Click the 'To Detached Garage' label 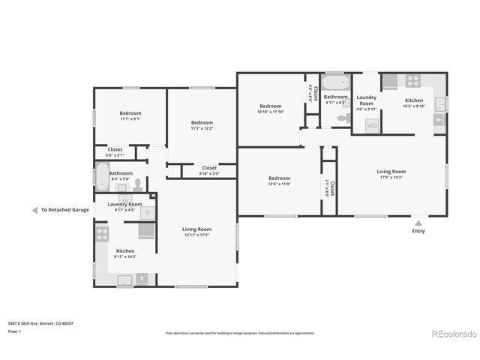pyautogui.click(x=64, y=210)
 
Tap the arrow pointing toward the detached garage pyautogui.click(x=34, y=210)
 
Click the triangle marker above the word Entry pyautogui.click(x=418, y=222)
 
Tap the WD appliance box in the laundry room pyautogui.click(x=372, y=126)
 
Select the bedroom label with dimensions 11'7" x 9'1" pyautogui.click(x=130, y=115)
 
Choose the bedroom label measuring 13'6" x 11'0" pyautogui.click(x=279, y=181)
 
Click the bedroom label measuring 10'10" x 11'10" pyautogui.click(x=270, y=109)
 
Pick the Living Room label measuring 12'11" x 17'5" pyautogui.click(x=197, y=232)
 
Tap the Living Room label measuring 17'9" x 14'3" pyautogui.click(x=391, y=174)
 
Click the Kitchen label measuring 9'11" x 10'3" pyautogui.click(x=125, y=253)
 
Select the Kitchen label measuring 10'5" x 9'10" pyautogui.click(x=414, y=103)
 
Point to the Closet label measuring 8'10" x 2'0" pyautogui.click(x=209, y=170)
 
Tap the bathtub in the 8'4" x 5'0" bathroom pyautogui.click(x=101, y=178)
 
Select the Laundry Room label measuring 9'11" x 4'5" pyautogui.click(x=124, y=207)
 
